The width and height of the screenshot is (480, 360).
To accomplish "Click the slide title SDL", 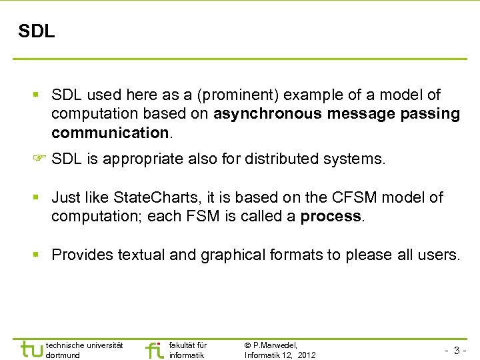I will tap(37, 31).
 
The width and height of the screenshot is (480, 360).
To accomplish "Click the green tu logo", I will tap(31, 349).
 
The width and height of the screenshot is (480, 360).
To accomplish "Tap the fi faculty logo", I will tap(154, 349).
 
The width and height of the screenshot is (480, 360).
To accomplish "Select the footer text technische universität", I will tap(84, 345).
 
